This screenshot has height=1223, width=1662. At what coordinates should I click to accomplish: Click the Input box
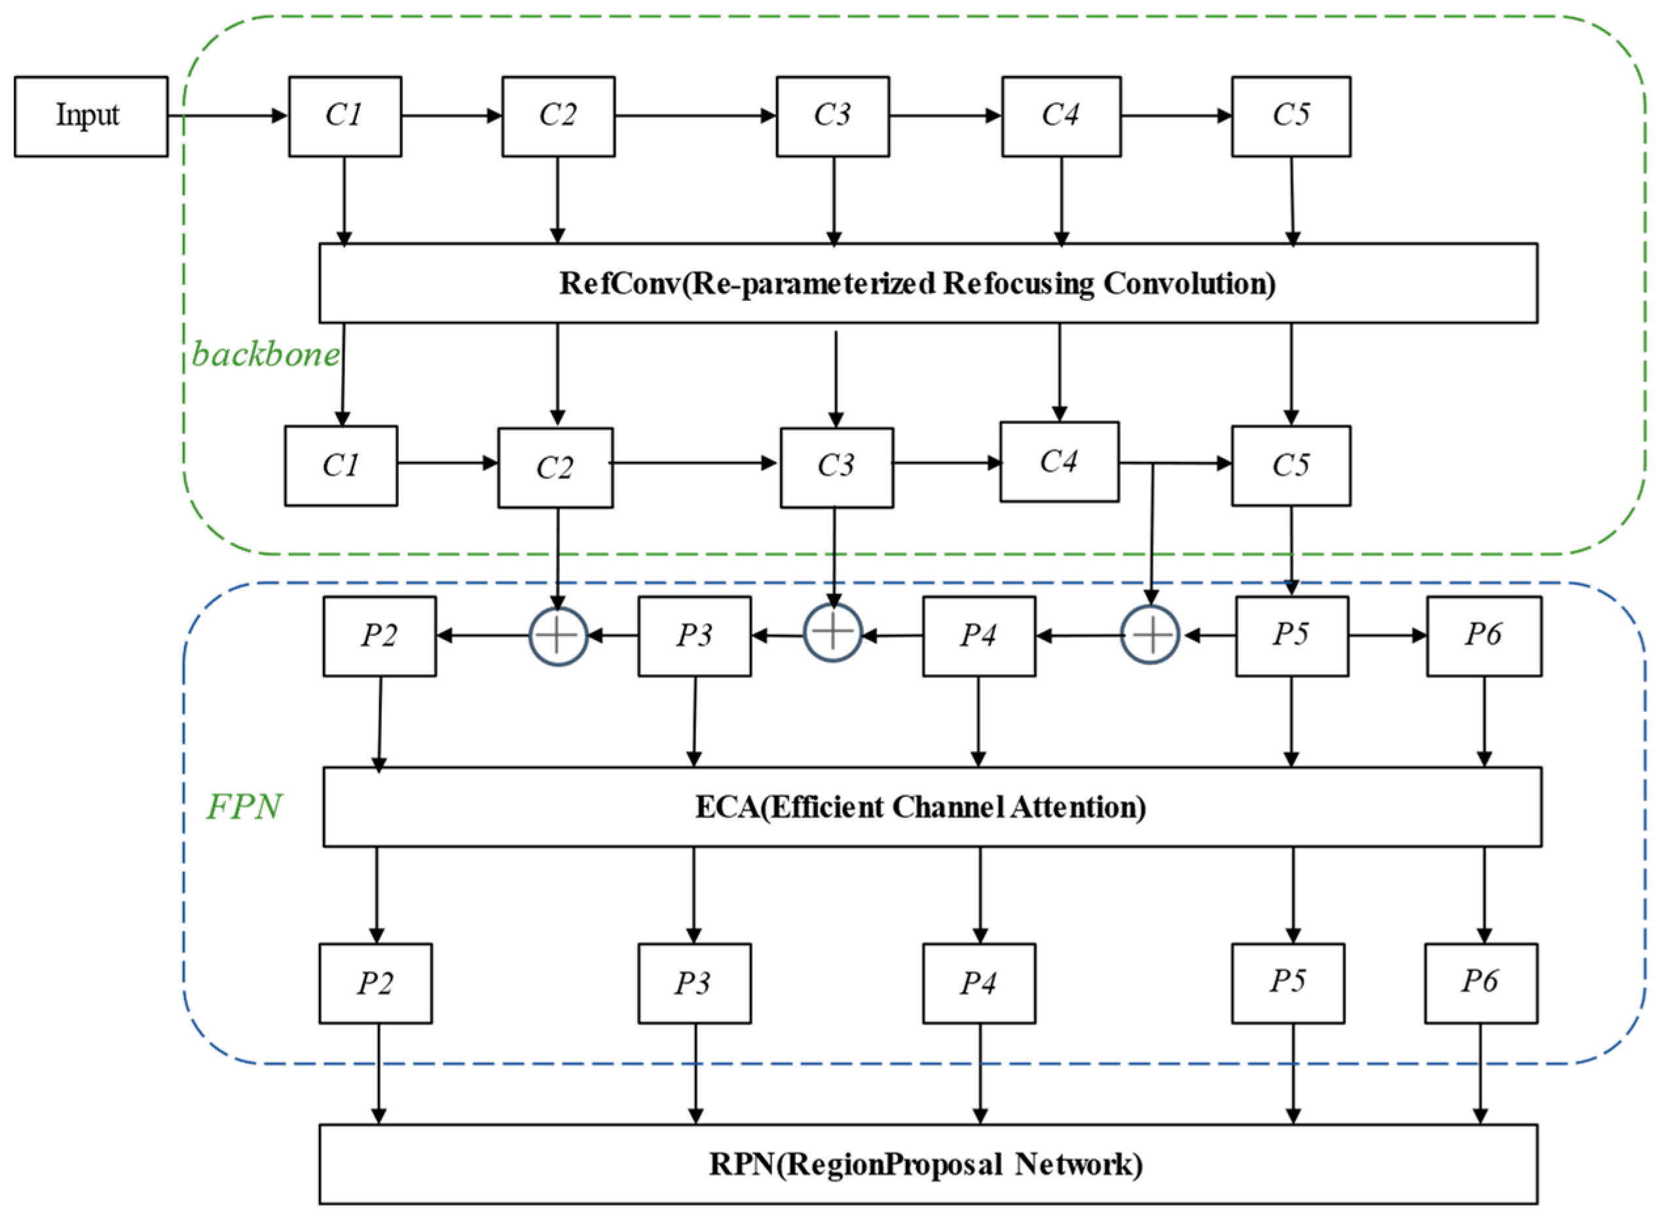[x=90, y=116]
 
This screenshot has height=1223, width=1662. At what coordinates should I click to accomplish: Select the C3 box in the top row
[x=832, y=116]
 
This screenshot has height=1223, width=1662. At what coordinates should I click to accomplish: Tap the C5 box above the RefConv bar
[x=1290, y=116]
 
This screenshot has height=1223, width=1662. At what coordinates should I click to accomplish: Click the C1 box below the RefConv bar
[x=341, y=466]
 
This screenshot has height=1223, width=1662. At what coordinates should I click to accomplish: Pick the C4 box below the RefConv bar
[x=1059, y=462]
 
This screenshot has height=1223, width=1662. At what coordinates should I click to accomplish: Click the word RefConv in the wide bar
[x=618, y=283]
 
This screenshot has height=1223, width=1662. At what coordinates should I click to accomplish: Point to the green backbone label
[x=265, y=355]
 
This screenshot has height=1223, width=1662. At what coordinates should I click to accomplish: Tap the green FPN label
[x=244, y=806]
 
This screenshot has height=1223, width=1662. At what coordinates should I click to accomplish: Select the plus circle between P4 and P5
[x=1150, y=635]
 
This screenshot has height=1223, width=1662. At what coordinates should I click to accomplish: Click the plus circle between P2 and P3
[x=558, y=635]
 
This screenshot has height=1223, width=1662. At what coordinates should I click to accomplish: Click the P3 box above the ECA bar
[x=694, y=635]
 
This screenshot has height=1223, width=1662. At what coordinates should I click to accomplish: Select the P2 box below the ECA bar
[x=375, y=983]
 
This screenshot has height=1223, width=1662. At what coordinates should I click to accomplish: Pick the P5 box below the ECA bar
[x=1287, y=983]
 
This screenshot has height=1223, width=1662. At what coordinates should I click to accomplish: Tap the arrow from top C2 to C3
[x=695, y=116]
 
